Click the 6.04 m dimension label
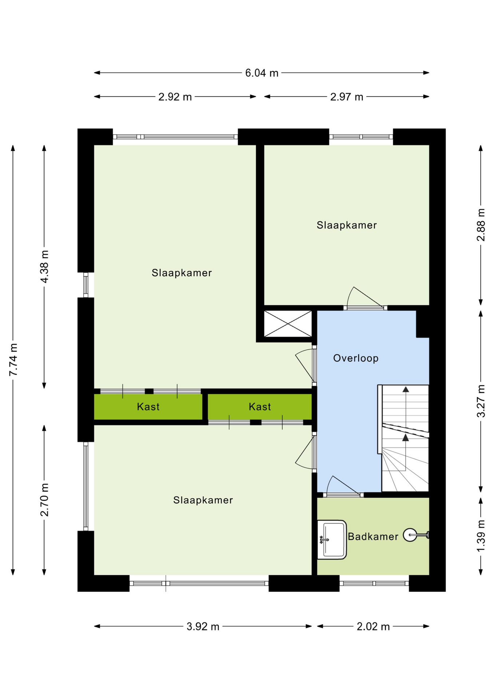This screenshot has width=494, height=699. point(262,73)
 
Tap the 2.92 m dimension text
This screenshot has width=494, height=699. point(175,97)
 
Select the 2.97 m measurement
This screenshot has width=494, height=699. point(347,97)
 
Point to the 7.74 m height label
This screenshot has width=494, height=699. point(13,359)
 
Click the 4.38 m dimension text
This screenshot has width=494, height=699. point(44,266)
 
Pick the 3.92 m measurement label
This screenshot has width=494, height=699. point(203,626)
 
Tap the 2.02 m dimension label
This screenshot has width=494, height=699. point(373,626)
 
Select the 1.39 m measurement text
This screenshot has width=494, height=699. point(481,536)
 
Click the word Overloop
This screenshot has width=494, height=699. point(356,358)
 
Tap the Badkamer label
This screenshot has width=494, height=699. point(373,536)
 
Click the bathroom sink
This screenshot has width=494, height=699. point(332,540)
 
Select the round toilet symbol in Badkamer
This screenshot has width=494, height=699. point(410,535)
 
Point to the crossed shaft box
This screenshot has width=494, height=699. point(288,324)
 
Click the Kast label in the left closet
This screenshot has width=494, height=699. point(148,407)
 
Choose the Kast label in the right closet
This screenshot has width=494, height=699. point(260,407)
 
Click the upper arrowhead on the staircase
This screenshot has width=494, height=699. point(406,390)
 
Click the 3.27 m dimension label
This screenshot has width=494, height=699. point(481,401)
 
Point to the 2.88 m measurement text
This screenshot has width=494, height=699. point(481,225)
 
